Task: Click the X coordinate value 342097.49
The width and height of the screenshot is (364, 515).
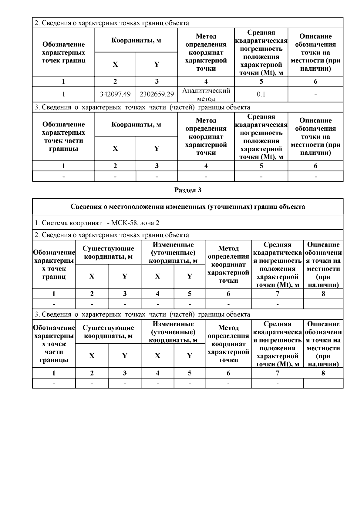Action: click(x=115, y=94)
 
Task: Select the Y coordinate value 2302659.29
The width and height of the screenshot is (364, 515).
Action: click(x=157, y=94)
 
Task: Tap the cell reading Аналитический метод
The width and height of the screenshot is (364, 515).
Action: click(x=206, y=94)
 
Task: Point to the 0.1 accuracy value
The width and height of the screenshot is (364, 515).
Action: click(x=261, y=94)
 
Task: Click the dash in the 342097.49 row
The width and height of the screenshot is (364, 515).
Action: click(x=315, y=95)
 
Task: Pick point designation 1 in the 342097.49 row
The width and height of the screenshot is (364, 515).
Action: click(x=63, y=94)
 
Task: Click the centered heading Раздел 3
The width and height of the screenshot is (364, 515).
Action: click(x=188, y=190)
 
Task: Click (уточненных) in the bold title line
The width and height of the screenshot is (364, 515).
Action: click(x=232, y=207)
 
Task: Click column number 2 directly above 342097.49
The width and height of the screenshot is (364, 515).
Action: click(x=115, y=81)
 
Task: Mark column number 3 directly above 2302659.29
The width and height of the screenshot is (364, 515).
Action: click(x=157, y=81)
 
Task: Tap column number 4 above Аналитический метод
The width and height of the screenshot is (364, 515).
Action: click(x=206, y=81)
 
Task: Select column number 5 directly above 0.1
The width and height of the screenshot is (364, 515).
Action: click(x=261, y=81)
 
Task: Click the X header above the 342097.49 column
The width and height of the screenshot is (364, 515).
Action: click(x=115, y=64)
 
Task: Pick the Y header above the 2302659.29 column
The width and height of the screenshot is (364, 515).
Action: click(x=157, y=64)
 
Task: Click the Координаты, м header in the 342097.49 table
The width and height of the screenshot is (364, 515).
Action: click(x=136, y=40)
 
